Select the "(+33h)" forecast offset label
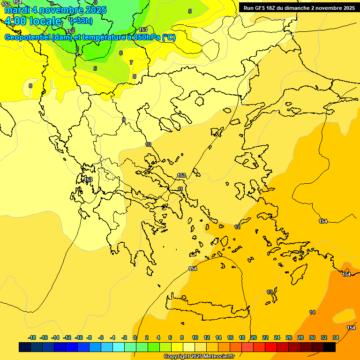click(81, 21)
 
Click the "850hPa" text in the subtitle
click(142, 37)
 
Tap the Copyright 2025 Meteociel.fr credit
click(199, 356)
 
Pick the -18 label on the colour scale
click(32, 337)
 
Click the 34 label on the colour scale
click(336, 337)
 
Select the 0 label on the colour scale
click(135, 337)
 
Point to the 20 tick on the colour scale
click(254, 337)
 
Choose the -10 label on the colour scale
click(79, 337)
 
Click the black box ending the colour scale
click(330, 347)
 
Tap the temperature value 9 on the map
click(124, 120)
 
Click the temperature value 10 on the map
click(148, 144)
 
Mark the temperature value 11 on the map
click(180, 189)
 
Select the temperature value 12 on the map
click(237, 227)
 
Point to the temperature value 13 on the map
click(270, 292)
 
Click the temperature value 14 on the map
click(312, 312)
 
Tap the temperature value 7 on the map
click(131, 62)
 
